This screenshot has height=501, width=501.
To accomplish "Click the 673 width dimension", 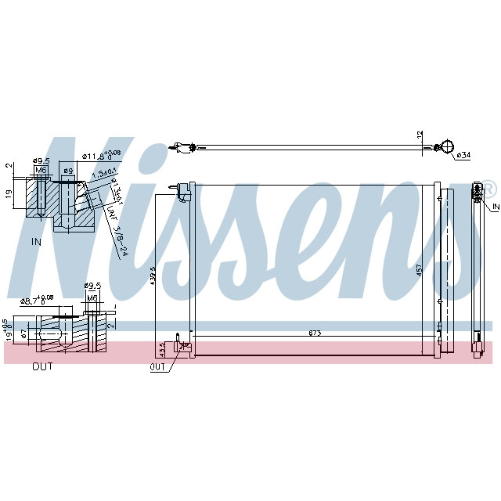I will [x=315, y=333].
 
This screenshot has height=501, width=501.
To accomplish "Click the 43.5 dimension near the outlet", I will [x=163, y=347].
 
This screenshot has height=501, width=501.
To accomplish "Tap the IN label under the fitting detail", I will [x=36, y=242].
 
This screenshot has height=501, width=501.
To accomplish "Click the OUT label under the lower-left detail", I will [x=43, y=366].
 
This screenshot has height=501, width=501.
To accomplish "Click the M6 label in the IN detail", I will [x=41, y=170].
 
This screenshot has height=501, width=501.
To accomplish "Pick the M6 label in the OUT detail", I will [x=92, y=298].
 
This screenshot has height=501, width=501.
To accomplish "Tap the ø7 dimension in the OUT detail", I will [x=23, y=334].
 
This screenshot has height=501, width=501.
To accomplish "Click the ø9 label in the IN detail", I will [x=67, y=171].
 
